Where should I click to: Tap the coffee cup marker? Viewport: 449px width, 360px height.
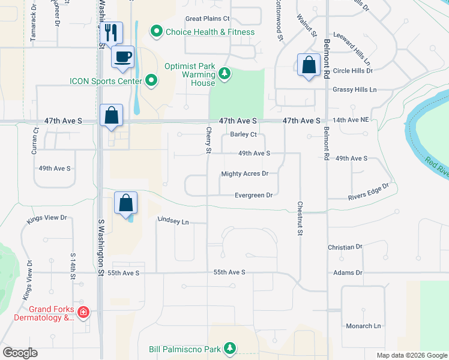click(123, 56)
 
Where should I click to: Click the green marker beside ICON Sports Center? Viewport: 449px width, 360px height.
click(152, 80)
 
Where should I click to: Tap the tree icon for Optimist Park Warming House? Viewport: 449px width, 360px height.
click(224, 73)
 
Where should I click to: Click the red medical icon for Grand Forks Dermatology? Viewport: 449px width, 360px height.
click(83, 312)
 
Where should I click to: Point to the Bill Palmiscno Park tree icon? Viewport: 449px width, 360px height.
click(229, 348)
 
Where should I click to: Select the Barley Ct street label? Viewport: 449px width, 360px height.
click(244, 134)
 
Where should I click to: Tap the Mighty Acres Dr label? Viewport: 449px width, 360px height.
click(244, 174)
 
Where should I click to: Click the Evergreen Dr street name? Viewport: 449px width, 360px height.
click(253, 195)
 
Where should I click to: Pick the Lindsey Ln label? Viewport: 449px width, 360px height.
click(173, 221)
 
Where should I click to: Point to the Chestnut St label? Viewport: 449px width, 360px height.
click(299, 218)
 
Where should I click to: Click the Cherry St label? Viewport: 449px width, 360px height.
click(209, 140)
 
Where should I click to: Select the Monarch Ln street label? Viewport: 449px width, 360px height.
click(363, 326)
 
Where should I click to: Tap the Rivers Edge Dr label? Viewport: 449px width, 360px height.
click(369, 191)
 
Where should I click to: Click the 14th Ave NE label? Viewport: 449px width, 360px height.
click(351, 120)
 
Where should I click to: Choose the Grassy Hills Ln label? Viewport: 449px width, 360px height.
click(354, 89)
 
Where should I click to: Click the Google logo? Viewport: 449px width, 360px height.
click(20, 353)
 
